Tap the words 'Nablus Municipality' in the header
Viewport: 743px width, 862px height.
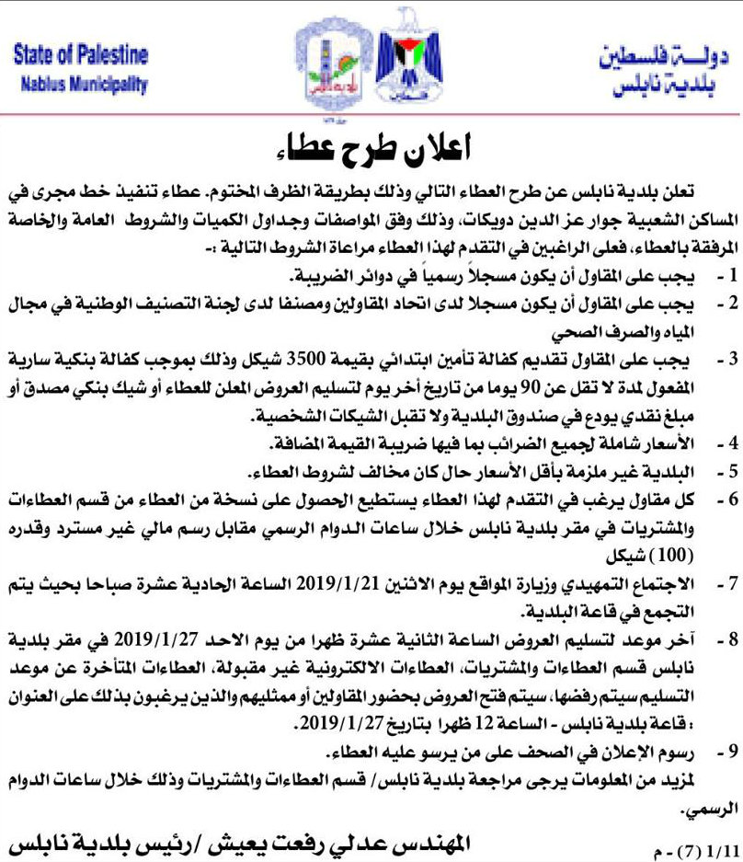(x=81, y=84)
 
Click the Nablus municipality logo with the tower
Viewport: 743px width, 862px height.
(x=329, y=69)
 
